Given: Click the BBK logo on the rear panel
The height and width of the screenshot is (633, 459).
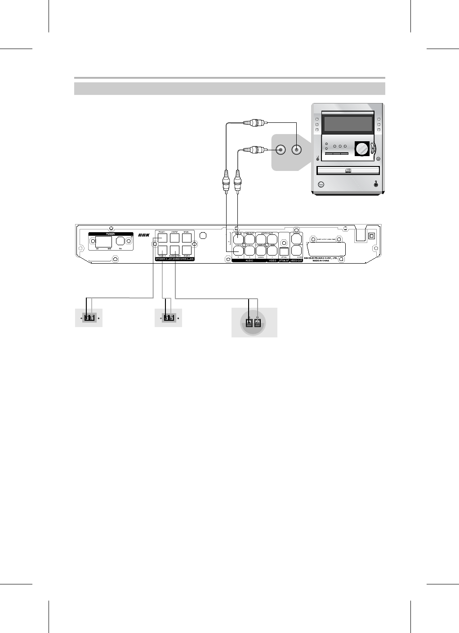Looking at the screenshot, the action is (x=144, y=235).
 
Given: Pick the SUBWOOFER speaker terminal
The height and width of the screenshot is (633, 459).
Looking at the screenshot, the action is (x=175, y=251).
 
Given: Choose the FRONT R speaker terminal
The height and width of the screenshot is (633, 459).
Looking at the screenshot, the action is (x=162, y=251).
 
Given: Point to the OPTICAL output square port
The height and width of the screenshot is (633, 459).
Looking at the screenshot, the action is (x=284, y=251).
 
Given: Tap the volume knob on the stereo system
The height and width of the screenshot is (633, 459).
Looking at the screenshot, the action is (x=361, y=149).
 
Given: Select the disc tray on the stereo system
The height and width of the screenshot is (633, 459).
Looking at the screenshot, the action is (x=348, y=171).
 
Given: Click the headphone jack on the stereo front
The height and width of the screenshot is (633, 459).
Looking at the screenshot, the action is (x=376, y=184).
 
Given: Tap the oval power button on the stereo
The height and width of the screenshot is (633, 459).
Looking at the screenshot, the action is (x=321, y=184).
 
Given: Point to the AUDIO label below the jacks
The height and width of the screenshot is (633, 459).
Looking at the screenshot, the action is (x=250, y=261).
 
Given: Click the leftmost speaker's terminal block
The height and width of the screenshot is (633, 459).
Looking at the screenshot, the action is (x=89, y=318).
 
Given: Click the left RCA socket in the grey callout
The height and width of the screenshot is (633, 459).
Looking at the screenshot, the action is (x=281, y=149).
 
